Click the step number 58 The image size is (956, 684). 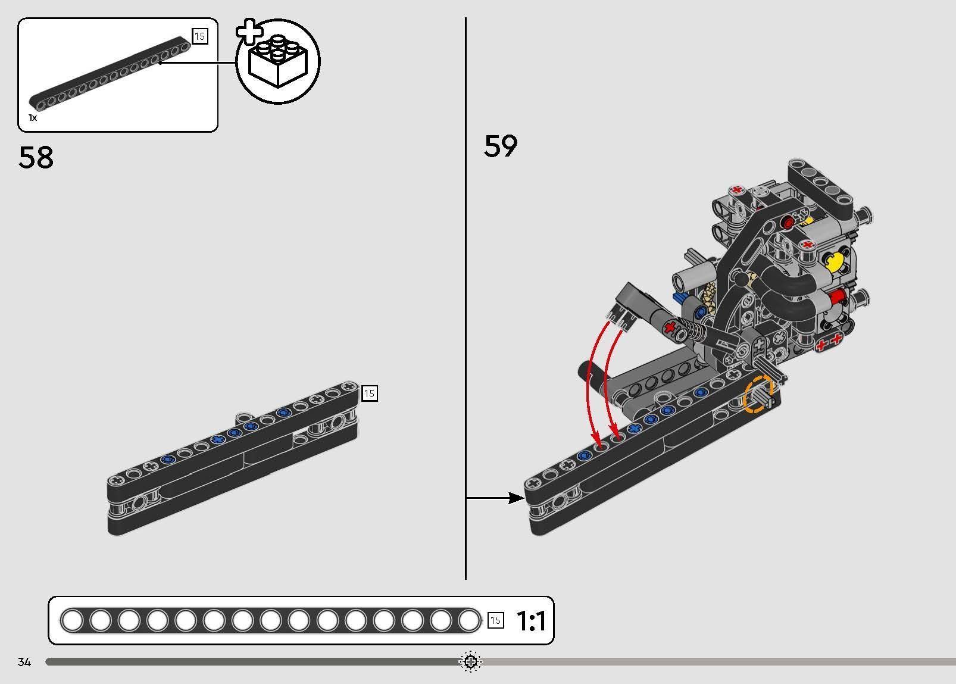click(x=36, y=158)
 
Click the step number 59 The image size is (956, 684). click(x=501, y=146)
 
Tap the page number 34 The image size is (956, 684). click(x=24, y=662)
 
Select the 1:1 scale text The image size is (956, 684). click(x=531, y=621)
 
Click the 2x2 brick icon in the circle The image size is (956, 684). click(x=277, y=62)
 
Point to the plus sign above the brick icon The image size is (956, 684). click(x=249, y=33)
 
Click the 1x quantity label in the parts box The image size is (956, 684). click(x=33, y=118)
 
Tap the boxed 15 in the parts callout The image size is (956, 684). click(x=199, y=36)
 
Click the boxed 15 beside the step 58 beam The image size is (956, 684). click(x=369, y=393)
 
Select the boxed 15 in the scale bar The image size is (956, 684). click(x=495, y=621)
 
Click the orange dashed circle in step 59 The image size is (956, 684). click(x=758, y=394)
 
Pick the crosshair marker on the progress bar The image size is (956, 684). click(x=470, y=661)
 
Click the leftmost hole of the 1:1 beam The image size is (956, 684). click(x=72, y=621)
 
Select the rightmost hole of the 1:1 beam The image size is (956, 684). click(x=468, y=621)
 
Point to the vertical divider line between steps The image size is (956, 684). click(x=465, y=298)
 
